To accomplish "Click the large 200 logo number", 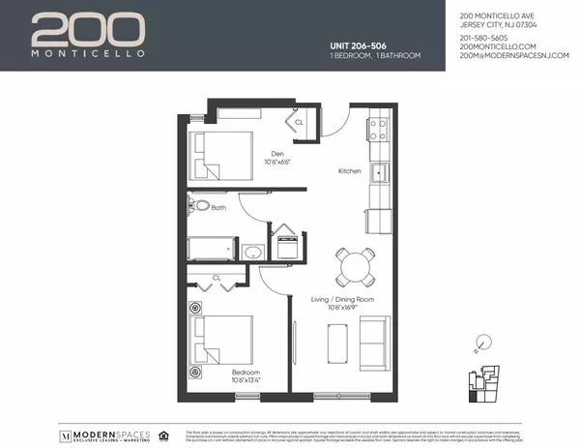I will (89, 30).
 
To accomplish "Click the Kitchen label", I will (349, 171).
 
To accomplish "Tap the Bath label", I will (219, 207).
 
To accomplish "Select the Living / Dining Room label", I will (350, 300).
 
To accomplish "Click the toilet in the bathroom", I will (198, 205).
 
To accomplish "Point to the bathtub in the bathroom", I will (210, 249).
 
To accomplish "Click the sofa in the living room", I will (373, 343).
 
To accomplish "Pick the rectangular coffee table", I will (337, 342).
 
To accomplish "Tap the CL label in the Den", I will (299, 123).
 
